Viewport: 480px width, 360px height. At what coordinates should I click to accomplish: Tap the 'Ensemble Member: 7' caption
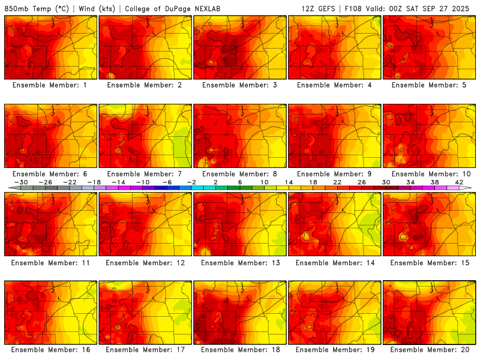pyautogui.click(x=145, y=174)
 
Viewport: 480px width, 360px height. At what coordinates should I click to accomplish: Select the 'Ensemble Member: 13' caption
pyautogui.click(x=239, y=262)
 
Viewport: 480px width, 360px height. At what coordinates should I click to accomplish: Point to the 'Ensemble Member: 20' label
pyautogui.click(x=429, y=350)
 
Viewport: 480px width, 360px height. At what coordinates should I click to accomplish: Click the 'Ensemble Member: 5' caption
pyautogui.click(x=429, y=85)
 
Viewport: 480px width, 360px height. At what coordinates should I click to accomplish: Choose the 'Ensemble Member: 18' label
pyautogui.click(x=239, y=350)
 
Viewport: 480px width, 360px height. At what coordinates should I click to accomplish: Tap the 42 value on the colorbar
pyautogui.click(x=459, y=182)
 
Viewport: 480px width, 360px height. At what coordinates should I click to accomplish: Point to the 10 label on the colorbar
pyautogui.click(x=264, y=182)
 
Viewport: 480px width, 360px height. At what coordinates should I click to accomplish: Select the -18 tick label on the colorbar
pyautogui.click(x=94, y=182)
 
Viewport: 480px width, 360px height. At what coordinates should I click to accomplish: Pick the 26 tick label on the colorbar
pyautogui.click(x=362, y=182)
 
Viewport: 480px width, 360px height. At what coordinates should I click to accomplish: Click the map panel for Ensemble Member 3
pyautogui.click(x=239, y=48)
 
